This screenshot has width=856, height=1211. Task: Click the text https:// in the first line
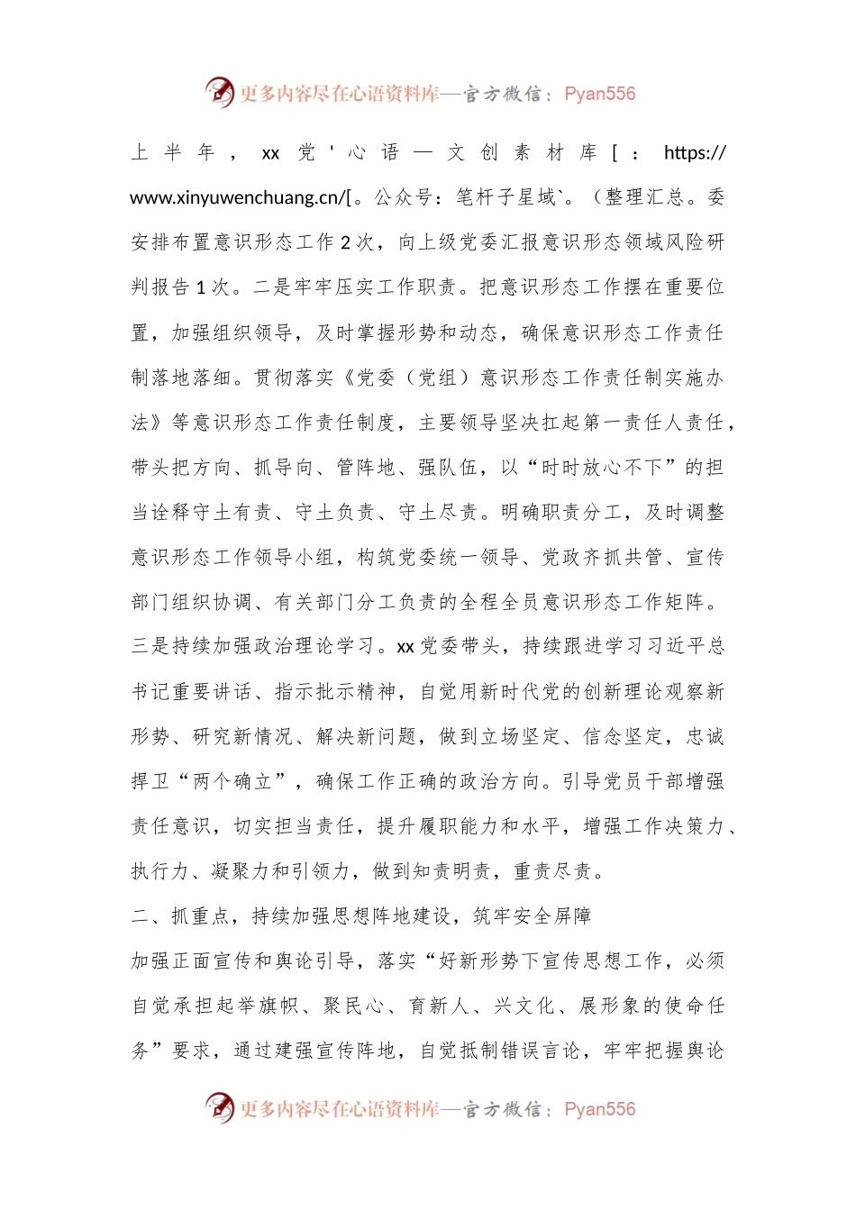tap(695, 153)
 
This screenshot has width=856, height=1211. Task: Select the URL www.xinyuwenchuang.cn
tap(235, 197)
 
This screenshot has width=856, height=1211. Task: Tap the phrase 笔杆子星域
tap(505, 197)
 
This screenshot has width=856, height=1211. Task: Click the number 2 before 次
tap(345, 242)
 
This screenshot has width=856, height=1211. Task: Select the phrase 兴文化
tap(524, 1006)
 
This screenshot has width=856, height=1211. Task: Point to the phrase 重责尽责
tap(553, 871)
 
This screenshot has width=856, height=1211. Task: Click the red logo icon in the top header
tap(219, 92)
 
